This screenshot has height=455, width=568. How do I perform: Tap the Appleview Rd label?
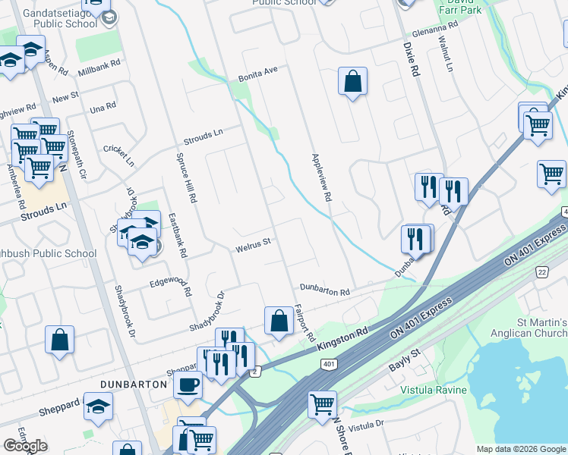322,177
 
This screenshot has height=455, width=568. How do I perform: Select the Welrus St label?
254,244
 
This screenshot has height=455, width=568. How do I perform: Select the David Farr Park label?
463,9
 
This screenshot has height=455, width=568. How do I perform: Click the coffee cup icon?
188,384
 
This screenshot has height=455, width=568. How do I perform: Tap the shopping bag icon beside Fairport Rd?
279,321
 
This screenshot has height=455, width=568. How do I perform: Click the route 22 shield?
541,271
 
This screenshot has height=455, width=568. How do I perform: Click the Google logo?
24,445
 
